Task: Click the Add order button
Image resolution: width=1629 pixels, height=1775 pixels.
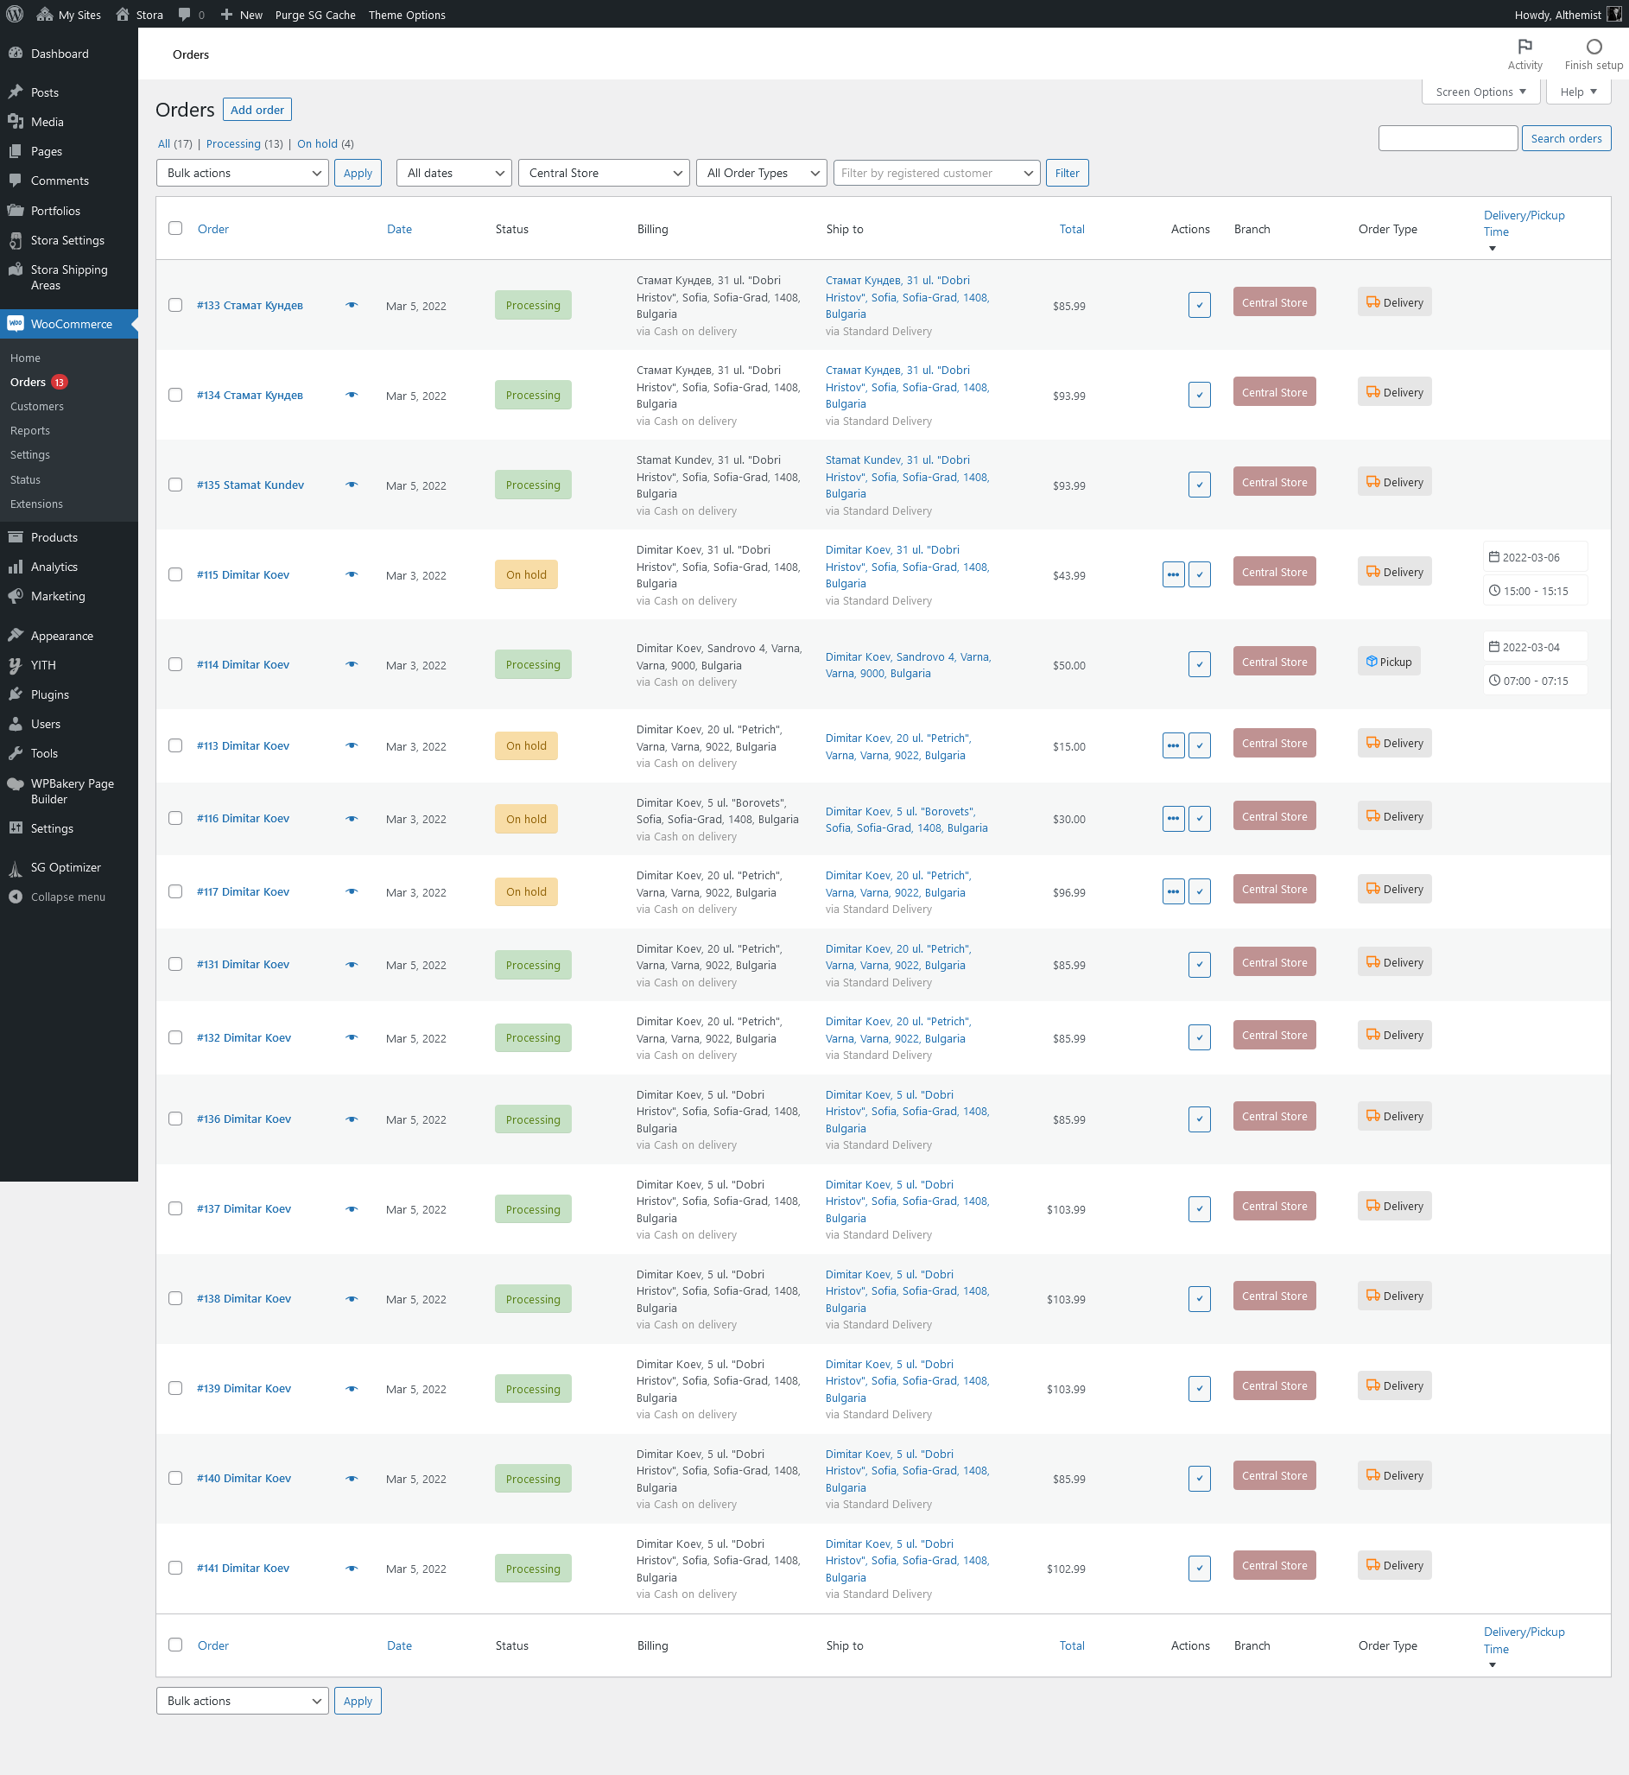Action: pos(257,111)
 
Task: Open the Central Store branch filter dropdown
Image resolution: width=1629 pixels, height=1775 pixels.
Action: pos(603,174)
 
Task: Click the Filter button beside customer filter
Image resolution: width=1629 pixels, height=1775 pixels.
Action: pos(1067,174)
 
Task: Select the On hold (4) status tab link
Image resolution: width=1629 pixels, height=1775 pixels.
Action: pos(317,144)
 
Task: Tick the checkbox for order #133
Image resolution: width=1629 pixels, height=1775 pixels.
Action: pos(175,305)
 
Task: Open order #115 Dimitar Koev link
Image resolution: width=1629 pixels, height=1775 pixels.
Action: pos(244,574)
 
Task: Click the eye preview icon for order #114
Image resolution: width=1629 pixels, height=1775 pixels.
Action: pos(352,664)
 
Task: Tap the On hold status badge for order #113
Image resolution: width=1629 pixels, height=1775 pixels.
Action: pos(526,745)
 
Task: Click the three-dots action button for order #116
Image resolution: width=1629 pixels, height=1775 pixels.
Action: pos(1172,819)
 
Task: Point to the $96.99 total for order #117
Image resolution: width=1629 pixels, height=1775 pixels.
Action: pos(1068,892)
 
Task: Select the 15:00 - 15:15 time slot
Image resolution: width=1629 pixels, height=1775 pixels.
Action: pos(1535,592)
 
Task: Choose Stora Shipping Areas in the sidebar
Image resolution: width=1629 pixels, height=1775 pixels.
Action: pos(69,276)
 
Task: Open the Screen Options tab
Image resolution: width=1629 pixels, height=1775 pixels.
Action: pos(1480,92)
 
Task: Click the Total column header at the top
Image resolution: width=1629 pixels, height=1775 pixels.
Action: pos(1072,229)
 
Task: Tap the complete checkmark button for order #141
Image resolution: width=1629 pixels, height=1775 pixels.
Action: pos(1199,1569)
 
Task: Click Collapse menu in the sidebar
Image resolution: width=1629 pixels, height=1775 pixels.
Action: pos(67,897)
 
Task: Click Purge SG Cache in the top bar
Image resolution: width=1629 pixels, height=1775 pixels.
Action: pos(314,15)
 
